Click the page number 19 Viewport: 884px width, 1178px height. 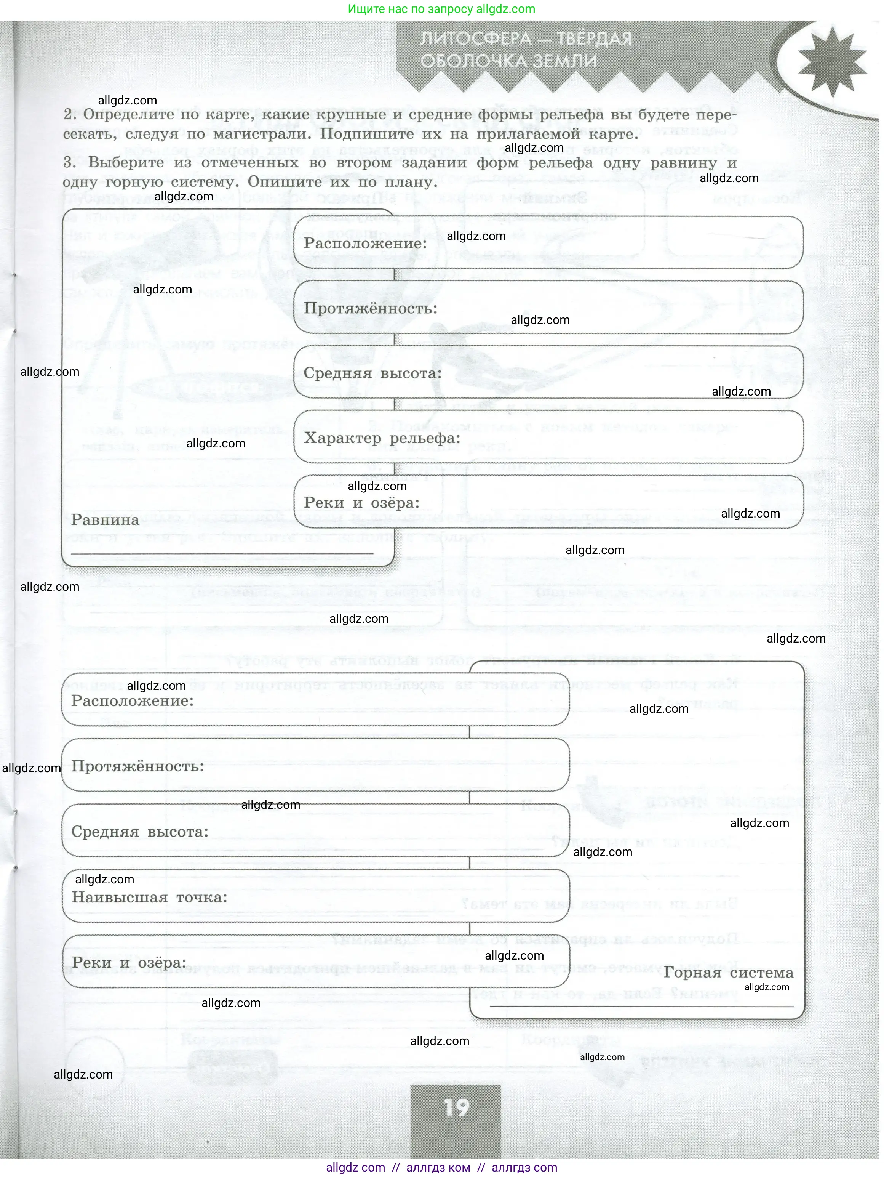click(x=457, y=1108)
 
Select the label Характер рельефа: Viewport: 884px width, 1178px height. click(x=382, y=438)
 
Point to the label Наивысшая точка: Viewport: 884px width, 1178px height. click(x=150, y=898)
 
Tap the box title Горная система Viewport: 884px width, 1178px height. click(x=728, y=973)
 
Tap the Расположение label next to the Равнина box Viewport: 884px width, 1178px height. click(x=365, y=244)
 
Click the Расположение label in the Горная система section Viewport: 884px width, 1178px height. click(x=133, y=701)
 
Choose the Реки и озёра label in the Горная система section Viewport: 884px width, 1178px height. click(x=129, y=963)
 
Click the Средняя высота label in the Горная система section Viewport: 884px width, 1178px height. click(x=139, y=832)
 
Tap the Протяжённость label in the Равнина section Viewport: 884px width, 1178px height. click(x=371, y=308)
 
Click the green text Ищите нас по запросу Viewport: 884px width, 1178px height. click(x=409, y=9)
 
